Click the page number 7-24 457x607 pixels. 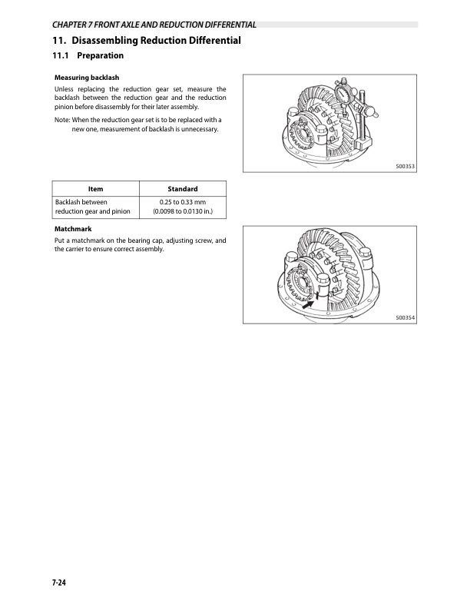coord(59,585)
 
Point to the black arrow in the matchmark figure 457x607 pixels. coord(308,303)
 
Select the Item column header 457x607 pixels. coord(96,189)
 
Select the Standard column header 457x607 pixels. coord(182,189)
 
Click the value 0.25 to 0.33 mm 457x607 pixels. coord(182,201)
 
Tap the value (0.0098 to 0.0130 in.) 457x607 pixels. coord(182,211)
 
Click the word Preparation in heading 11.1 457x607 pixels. coord(101,55)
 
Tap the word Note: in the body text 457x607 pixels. coord(62,120)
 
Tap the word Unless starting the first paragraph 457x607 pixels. coord(65,90)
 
